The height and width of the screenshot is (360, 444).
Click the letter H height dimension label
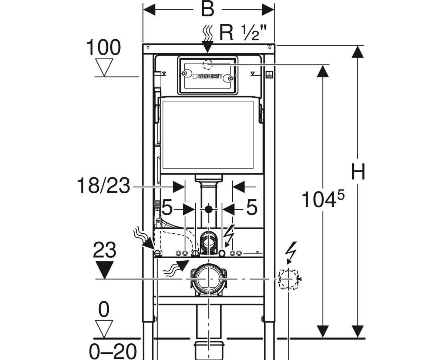(x=358, y=171)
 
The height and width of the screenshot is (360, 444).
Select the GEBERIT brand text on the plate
(x=210, y=76)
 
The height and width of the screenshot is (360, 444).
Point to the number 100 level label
(x=103, y=47)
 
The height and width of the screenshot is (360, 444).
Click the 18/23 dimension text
(x=104, y=186)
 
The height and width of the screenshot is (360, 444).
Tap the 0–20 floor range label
(x=113, y=351)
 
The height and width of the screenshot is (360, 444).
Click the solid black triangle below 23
(x=104, y=270)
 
